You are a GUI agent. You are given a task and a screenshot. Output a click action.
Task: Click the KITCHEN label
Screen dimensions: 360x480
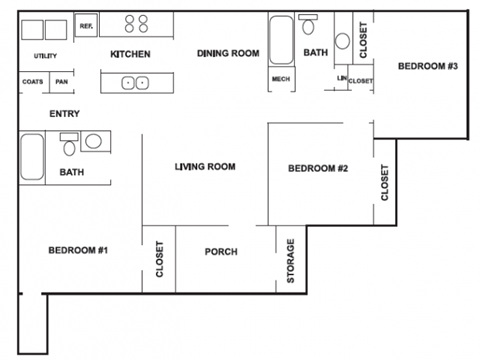coord(130,53)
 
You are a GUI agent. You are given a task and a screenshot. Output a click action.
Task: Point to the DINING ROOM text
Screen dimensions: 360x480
coord(228,53)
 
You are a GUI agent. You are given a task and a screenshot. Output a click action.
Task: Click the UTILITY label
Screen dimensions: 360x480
coord(44,56)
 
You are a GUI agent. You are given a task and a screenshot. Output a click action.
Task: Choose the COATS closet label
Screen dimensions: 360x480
coord(32,82)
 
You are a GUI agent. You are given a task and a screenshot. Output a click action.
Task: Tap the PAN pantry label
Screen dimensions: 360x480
coord(61,82)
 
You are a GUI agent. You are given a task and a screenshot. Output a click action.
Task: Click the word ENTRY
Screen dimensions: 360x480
coord(64,114)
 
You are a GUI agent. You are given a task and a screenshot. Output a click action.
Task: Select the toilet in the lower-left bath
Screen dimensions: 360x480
coord(69,146)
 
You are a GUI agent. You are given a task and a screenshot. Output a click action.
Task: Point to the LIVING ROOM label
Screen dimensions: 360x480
coord(204,166)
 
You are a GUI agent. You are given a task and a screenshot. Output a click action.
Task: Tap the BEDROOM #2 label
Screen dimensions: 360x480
coord(317,168)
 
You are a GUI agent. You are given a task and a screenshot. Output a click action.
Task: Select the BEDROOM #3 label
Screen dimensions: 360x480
coord(427,67)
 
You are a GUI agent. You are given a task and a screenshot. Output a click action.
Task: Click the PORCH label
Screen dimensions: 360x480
coord(221,252)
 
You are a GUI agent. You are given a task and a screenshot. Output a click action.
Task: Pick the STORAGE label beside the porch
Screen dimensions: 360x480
coord(291,260)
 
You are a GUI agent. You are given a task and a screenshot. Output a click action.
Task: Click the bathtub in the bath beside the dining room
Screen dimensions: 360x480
coord(281,40)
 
